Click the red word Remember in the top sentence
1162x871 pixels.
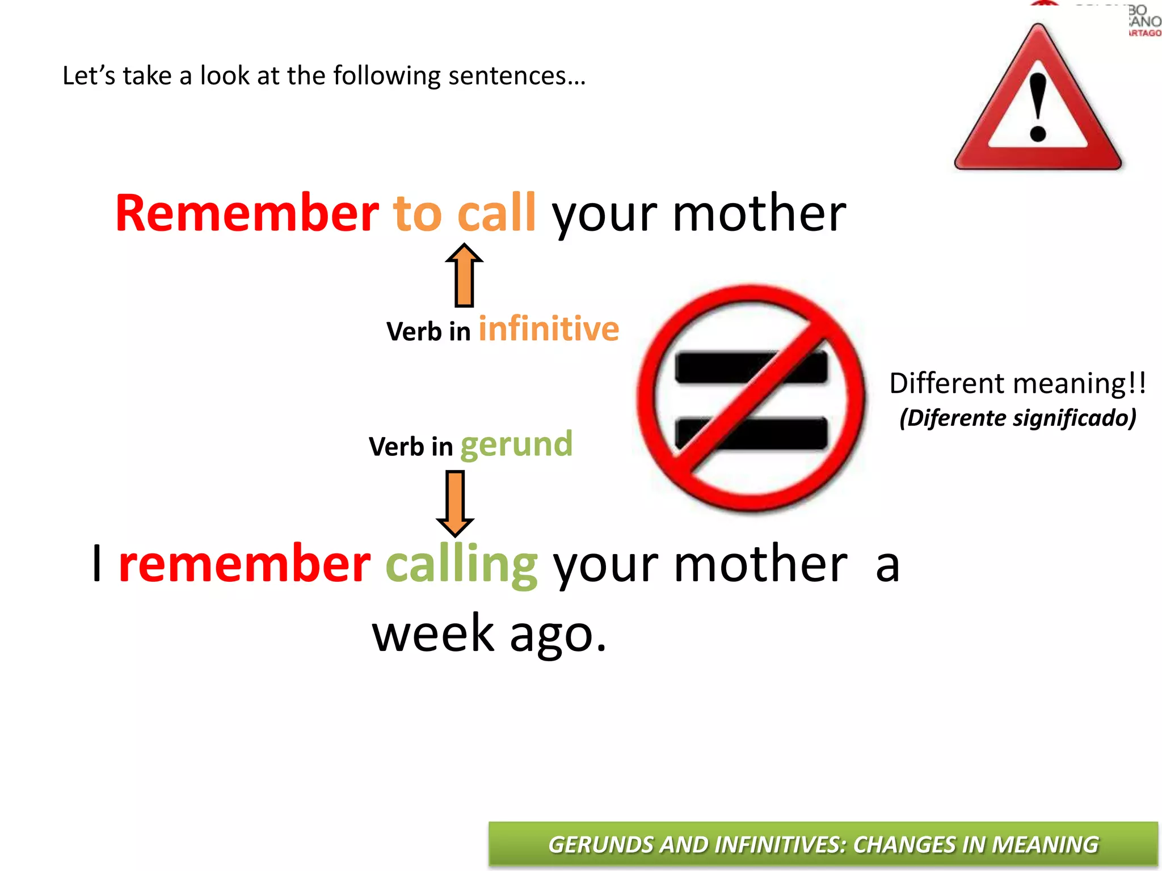247,213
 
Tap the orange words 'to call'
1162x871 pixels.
464,213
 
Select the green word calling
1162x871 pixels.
461,564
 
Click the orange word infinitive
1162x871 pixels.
549,329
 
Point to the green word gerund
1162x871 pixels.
516,444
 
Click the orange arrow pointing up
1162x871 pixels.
464,276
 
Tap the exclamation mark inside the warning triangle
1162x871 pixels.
1038,108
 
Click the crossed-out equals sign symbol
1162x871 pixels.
751,399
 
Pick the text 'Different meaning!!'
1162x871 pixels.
1017,384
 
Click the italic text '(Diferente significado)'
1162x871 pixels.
1018,418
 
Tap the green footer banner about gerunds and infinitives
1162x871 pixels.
823,844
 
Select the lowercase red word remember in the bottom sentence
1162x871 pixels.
245,564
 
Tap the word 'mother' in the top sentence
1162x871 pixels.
759,213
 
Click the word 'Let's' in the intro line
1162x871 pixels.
89,76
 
